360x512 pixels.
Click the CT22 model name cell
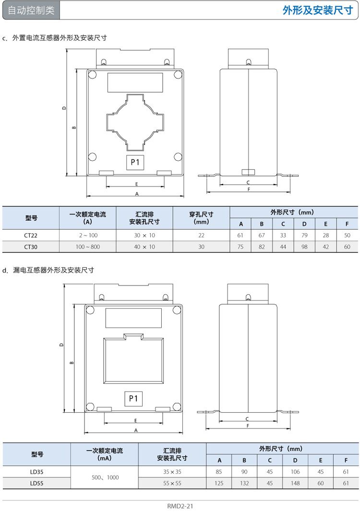31,236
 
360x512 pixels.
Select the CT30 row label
31,247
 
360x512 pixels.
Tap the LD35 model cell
36,472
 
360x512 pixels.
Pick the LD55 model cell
36,483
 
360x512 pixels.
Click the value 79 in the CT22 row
304,236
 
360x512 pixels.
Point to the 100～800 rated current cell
87,247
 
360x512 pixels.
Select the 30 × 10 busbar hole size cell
144,236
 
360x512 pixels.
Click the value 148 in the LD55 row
295,483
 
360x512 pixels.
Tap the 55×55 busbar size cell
172,483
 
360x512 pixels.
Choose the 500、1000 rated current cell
105,477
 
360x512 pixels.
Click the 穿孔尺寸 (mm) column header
201,218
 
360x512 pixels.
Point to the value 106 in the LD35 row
295,472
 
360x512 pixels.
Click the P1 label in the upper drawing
135,162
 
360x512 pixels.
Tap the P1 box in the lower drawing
133,398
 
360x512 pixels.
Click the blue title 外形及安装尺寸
318,11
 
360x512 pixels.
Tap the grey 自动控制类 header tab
31,11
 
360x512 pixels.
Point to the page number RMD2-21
180,506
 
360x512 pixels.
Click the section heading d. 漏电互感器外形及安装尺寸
48,270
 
